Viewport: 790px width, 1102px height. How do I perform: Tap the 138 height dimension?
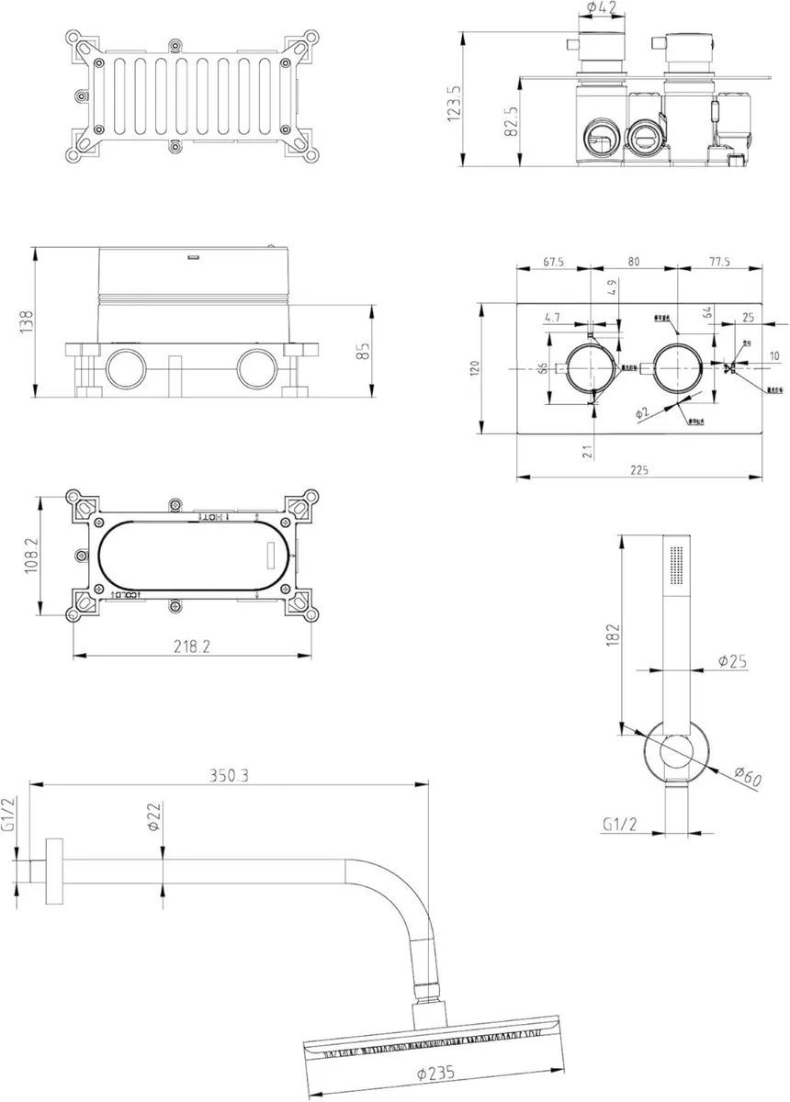(x=28, y=320)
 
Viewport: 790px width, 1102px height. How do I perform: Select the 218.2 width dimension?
(x=192, y=647)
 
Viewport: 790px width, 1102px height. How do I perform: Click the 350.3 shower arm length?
(x=229, y=775)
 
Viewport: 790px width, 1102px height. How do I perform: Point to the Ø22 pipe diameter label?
(x=154, y=815)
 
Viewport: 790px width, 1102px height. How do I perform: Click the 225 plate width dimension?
(x=639, y=470)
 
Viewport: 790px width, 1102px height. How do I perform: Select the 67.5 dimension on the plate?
(x=553, y=262)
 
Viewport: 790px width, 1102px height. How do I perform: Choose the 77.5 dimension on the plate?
(x=719, y=262)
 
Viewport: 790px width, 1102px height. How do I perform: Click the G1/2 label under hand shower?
(x=621, y=824)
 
